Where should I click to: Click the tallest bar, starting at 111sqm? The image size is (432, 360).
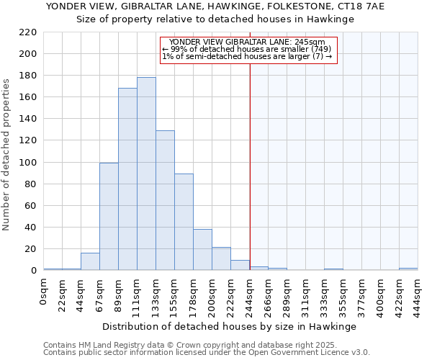coord(146,174)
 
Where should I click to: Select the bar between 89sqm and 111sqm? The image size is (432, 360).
coord(127,179)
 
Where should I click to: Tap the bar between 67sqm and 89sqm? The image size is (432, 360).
coord(109,216)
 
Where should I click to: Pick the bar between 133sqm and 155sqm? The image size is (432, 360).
coord(165,200)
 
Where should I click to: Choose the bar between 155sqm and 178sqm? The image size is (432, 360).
coord(184,222)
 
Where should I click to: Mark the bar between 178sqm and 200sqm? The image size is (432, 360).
coord(202,249)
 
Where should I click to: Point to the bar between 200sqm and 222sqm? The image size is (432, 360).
coord(221,258)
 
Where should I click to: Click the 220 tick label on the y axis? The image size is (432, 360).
coord(28,32)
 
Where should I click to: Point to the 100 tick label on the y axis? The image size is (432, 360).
coord(28,163)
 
